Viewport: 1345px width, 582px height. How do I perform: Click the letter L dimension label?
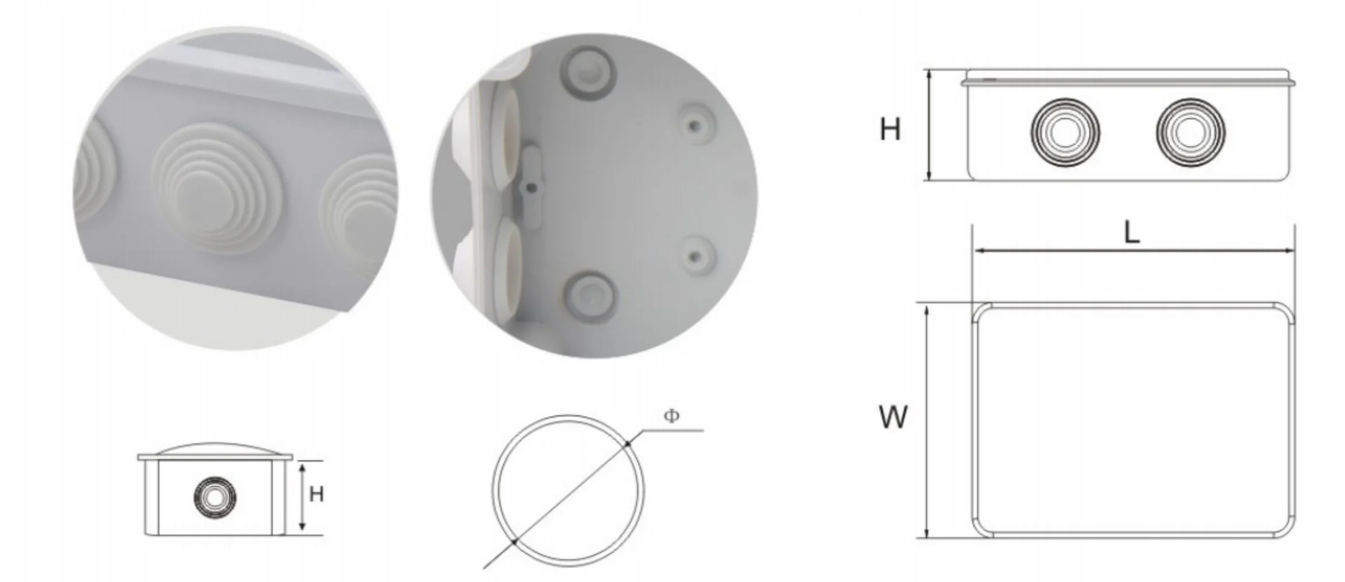tap(1131, 232)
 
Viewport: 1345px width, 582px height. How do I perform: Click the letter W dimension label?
tap(893, 417)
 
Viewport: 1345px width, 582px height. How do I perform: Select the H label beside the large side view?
tap(890, 130)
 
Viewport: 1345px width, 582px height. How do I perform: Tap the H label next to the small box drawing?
tap(316, 494)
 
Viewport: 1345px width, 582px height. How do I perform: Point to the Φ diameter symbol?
tap(671, 416)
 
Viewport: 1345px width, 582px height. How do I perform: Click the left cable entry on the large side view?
tap(1065, 132)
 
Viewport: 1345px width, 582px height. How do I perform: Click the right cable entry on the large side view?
tap(1190, 132)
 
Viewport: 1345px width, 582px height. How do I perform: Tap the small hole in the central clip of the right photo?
tap(532, 187)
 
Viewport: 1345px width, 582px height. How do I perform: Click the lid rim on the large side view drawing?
tap(1127, 83)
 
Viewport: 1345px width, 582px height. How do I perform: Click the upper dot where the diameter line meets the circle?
tap(628, 443)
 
